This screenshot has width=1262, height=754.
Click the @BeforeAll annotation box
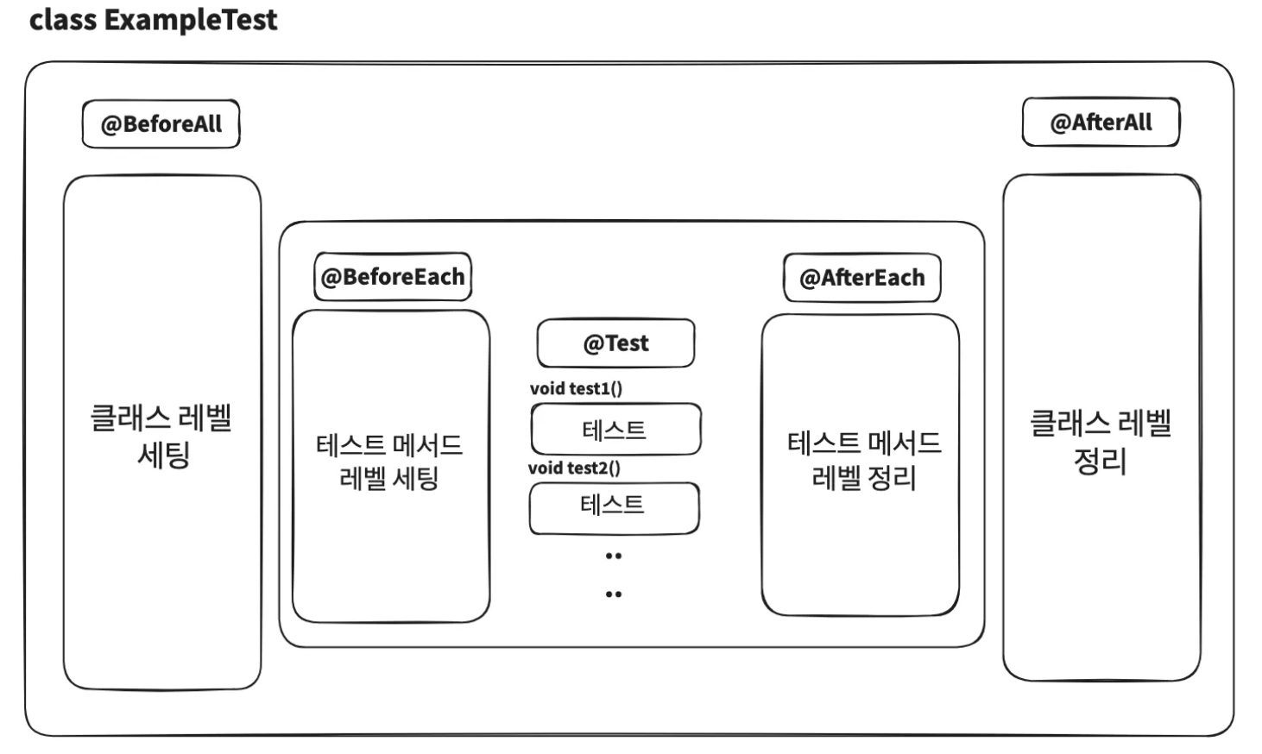click(x=161, y=124)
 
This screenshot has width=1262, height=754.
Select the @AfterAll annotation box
click(x=1101, y=123)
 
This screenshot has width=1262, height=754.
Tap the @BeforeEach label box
click(x=393, y=277)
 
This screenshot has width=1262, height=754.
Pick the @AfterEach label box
click(x=862, y=278)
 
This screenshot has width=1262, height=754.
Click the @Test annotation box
click(x=615, y=343)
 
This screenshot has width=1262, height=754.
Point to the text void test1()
click(x=576, y=388)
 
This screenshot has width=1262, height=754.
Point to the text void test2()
click(x=574, y=468)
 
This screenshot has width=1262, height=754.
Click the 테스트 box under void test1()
click(x=615, y=430)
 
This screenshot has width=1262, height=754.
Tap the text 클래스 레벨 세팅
click(x=161, y=436)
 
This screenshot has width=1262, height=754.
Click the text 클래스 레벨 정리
click(x=1101, y=441)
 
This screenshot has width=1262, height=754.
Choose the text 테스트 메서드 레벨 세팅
click(x=389, y=462)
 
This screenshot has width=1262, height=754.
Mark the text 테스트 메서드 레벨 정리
click(x=863, y=460)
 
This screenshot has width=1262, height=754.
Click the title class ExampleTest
click(x=153, y=20)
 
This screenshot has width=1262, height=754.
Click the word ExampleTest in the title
click(x=191, y=20)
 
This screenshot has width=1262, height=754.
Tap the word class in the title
click(x=63, y=20)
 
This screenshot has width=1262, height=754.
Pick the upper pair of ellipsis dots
click(x=614, y=556)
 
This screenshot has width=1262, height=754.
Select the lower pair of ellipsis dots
click(x=614, y=594)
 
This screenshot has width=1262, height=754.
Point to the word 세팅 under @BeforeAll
click(x=163, y=454)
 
